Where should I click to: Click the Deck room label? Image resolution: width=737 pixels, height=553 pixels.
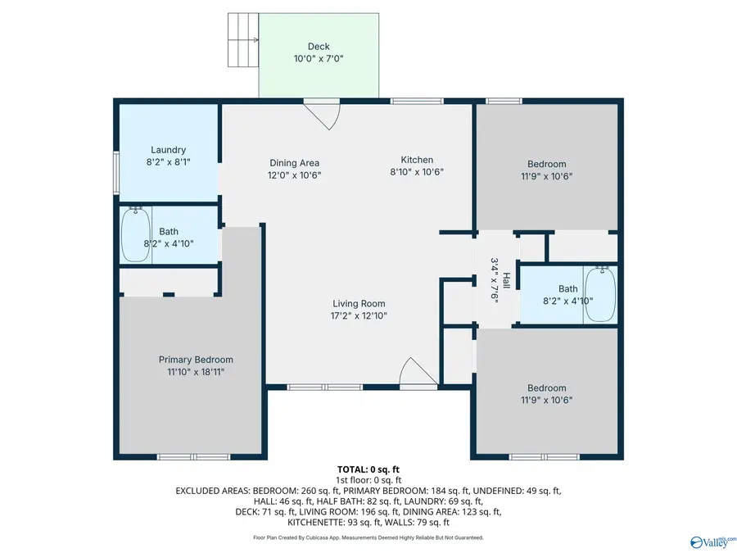coord(319,46)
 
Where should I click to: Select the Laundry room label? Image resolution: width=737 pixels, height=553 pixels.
coord(168,150)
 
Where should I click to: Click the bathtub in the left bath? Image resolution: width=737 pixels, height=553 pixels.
coord(137,234)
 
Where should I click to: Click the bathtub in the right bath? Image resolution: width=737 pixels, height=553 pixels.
coord(602,294)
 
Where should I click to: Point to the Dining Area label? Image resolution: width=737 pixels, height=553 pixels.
coord(294,163)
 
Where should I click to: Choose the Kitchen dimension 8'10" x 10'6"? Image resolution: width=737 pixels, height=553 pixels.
coord(417,172)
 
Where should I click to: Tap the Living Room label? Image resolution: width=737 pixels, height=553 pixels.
coord(359,303)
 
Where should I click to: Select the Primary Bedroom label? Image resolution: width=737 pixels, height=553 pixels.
coord(196,360)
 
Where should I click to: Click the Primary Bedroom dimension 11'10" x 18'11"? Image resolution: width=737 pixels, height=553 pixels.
coord(196,371)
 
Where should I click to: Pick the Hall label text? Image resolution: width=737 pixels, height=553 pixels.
coord(506,280)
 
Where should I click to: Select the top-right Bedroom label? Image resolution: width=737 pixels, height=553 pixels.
coord(546,164)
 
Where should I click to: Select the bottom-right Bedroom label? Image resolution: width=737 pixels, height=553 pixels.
coord(546,388)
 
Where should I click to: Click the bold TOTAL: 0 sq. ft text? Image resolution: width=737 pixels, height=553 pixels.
coord(368,469)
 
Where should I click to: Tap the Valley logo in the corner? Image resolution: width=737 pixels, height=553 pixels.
coord(712,541)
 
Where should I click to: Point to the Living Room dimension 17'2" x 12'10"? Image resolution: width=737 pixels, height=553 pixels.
coord(359,315)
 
